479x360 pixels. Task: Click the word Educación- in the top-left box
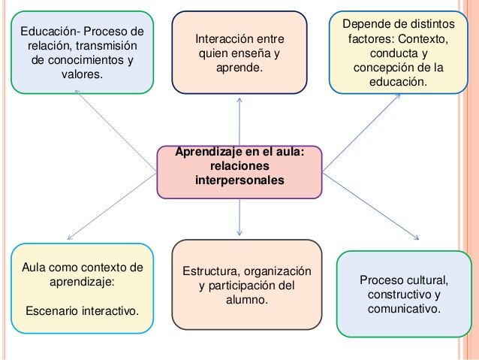(x=50, y=32)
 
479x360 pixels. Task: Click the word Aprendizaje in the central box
(x=206, y=152)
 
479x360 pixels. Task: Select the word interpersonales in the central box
(x=239, y=180)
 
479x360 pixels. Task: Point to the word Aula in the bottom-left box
(x=35, y=268)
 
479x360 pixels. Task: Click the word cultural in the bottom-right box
(x=423, y=280)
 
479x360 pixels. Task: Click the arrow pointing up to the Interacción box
(x=239, y=120)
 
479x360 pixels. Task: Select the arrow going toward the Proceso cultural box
(x=375, y=214)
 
